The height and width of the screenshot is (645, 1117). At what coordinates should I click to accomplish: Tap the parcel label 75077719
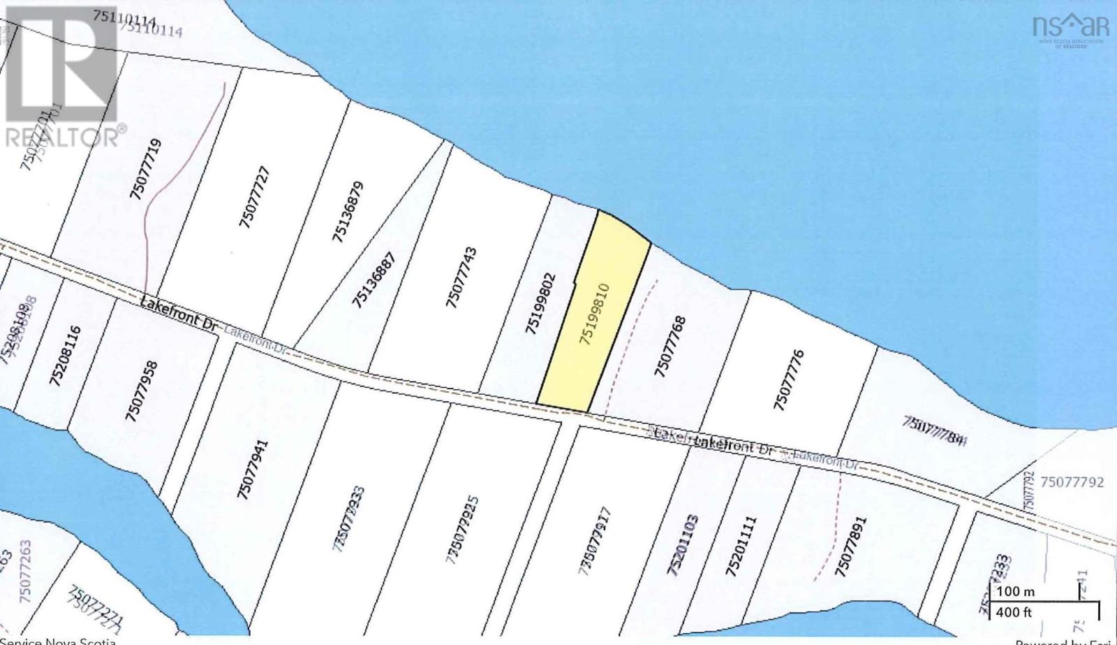click(146, 169)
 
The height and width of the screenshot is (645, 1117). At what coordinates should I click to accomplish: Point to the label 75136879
click(348, 212)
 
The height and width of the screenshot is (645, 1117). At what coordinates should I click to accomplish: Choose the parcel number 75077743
click(461, 277)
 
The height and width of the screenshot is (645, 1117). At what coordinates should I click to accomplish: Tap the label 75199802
click(540, 303)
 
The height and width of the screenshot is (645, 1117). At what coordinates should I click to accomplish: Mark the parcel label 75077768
click(670, 347)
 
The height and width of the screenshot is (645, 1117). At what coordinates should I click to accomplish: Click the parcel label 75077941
click(252, 469)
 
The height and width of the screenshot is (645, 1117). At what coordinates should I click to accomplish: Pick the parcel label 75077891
click(850, 546)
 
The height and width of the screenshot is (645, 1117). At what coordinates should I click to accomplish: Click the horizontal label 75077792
click(1072, 481)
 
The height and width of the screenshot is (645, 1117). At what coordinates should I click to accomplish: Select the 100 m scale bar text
click(1016, 591)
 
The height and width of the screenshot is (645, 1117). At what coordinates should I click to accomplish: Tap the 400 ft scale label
click(1014, 612)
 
